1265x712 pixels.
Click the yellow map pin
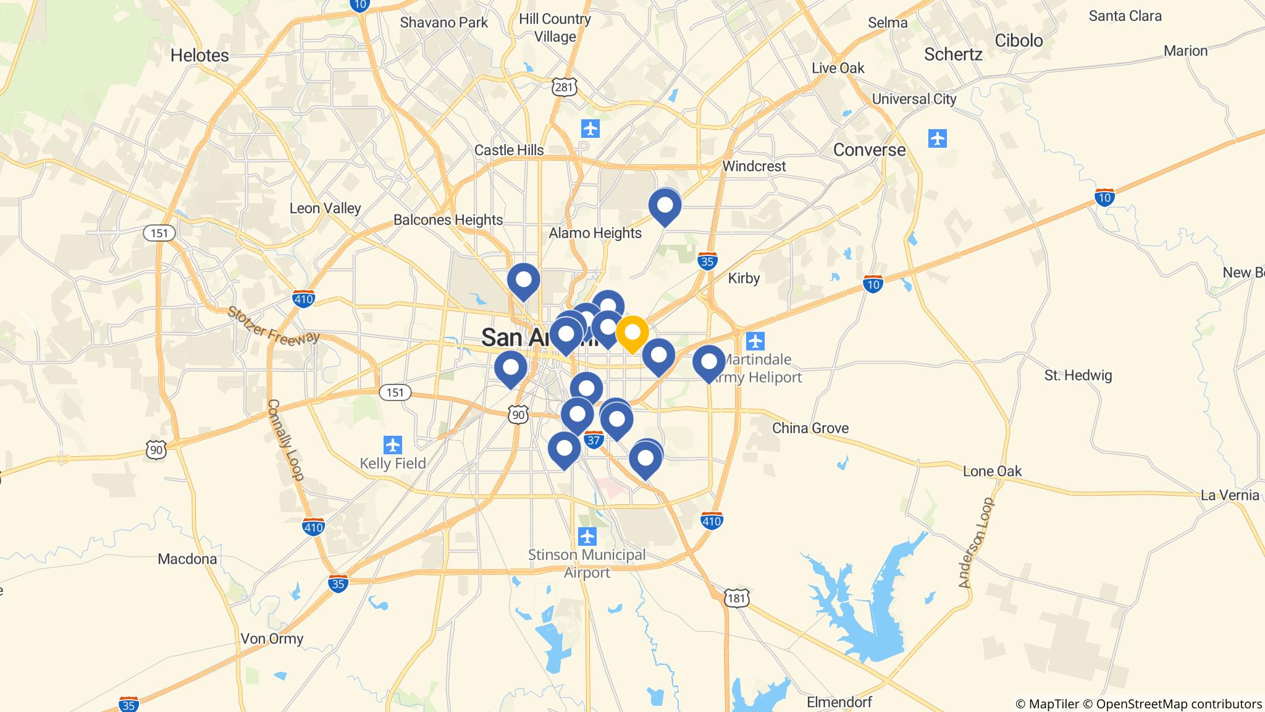click(632, 333)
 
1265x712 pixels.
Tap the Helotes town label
click(200, 56)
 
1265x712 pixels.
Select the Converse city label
click(869, 150)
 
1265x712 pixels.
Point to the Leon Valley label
click(325, 208)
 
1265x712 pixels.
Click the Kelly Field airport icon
click(393, 444)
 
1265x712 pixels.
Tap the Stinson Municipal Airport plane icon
click(587, 535)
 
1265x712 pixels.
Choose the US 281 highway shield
click(564, 87)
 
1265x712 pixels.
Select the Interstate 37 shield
click(594, 439)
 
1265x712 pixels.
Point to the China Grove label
click(810, 428)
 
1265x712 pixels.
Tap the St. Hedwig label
click(1078, 375)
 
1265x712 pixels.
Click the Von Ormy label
click(272, 638)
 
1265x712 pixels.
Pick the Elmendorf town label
click(839, 702)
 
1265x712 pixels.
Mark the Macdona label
click(187, 559)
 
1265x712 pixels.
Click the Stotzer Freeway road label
click(273, 324)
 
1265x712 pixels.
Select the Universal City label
click(914, 99)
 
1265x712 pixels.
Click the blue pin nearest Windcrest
click(665, 205)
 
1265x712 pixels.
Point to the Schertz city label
click(953, 54)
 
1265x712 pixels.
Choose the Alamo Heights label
click(595, 233)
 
